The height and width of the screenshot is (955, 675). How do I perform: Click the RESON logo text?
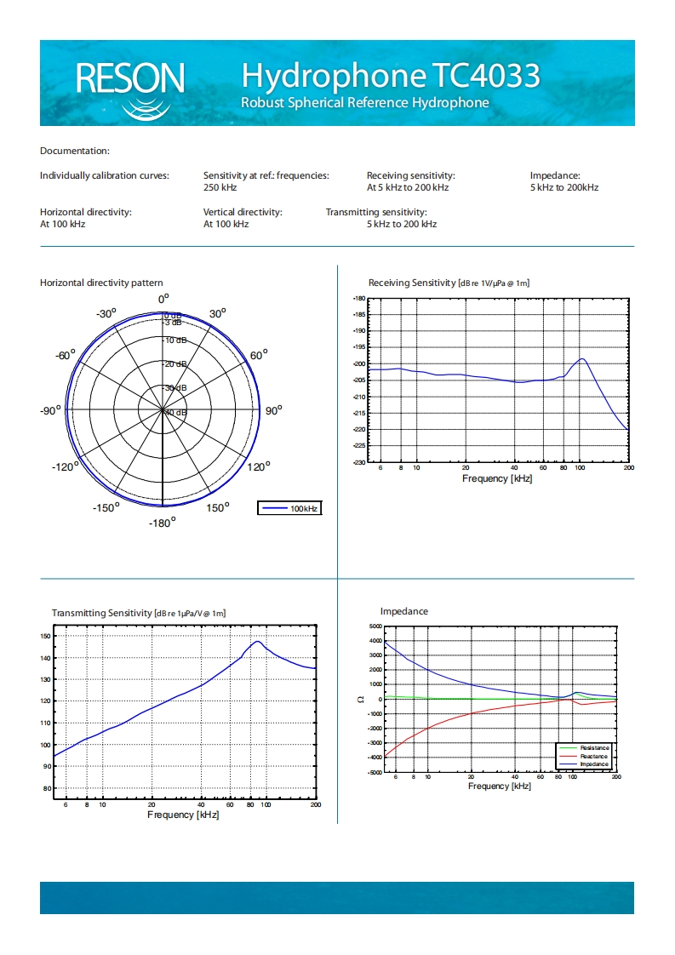click(x=130, y=79)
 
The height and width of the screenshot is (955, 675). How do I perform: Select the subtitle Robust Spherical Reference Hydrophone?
click(x=365, y=103)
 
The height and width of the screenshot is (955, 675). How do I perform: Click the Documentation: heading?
click(x=75, y=152)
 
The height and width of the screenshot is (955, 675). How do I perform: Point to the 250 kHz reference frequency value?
click(x=220, y=187)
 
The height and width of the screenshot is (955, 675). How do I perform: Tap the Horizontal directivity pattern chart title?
click(x=101, y=283)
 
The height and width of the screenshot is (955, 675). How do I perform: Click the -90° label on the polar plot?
click(x=51, y=411)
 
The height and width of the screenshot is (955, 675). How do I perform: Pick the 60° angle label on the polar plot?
click(x=259, y=354)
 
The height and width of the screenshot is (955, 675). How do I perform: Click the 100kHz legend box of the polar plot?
click(x=289, y=508)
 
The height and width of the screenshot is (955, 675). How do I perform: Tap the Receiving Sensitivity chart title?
click(x=412, y=283)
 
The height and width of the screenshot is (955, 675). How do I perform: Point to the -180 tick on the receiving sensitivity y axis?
click(x=358, y=299)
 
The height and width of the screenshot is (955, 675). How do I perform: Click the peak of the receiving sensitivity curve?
click(x=583, y=358)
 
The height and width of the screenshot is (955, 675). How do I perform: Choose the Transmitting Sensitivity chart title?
click(x=102, y=613)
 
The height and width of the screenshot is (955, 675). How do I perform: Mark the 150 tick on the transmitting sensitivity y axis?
click(x=45, y=637)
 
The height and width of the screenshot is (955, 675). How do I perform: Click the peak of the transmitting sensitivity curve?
click(x=257, y=641)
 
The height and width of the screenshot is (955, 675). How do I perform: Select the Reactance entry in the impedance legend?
click(x=593, y=756)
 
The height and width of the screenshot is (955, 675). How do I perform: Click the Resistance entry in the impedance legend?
click(x=594, y=747)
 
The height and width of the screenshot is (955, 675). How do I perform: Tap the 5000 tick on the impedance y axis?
click(x=375, y=627)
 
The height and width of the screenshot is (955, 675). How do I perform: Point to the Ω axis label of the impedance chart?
click(x=360, y=700)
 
